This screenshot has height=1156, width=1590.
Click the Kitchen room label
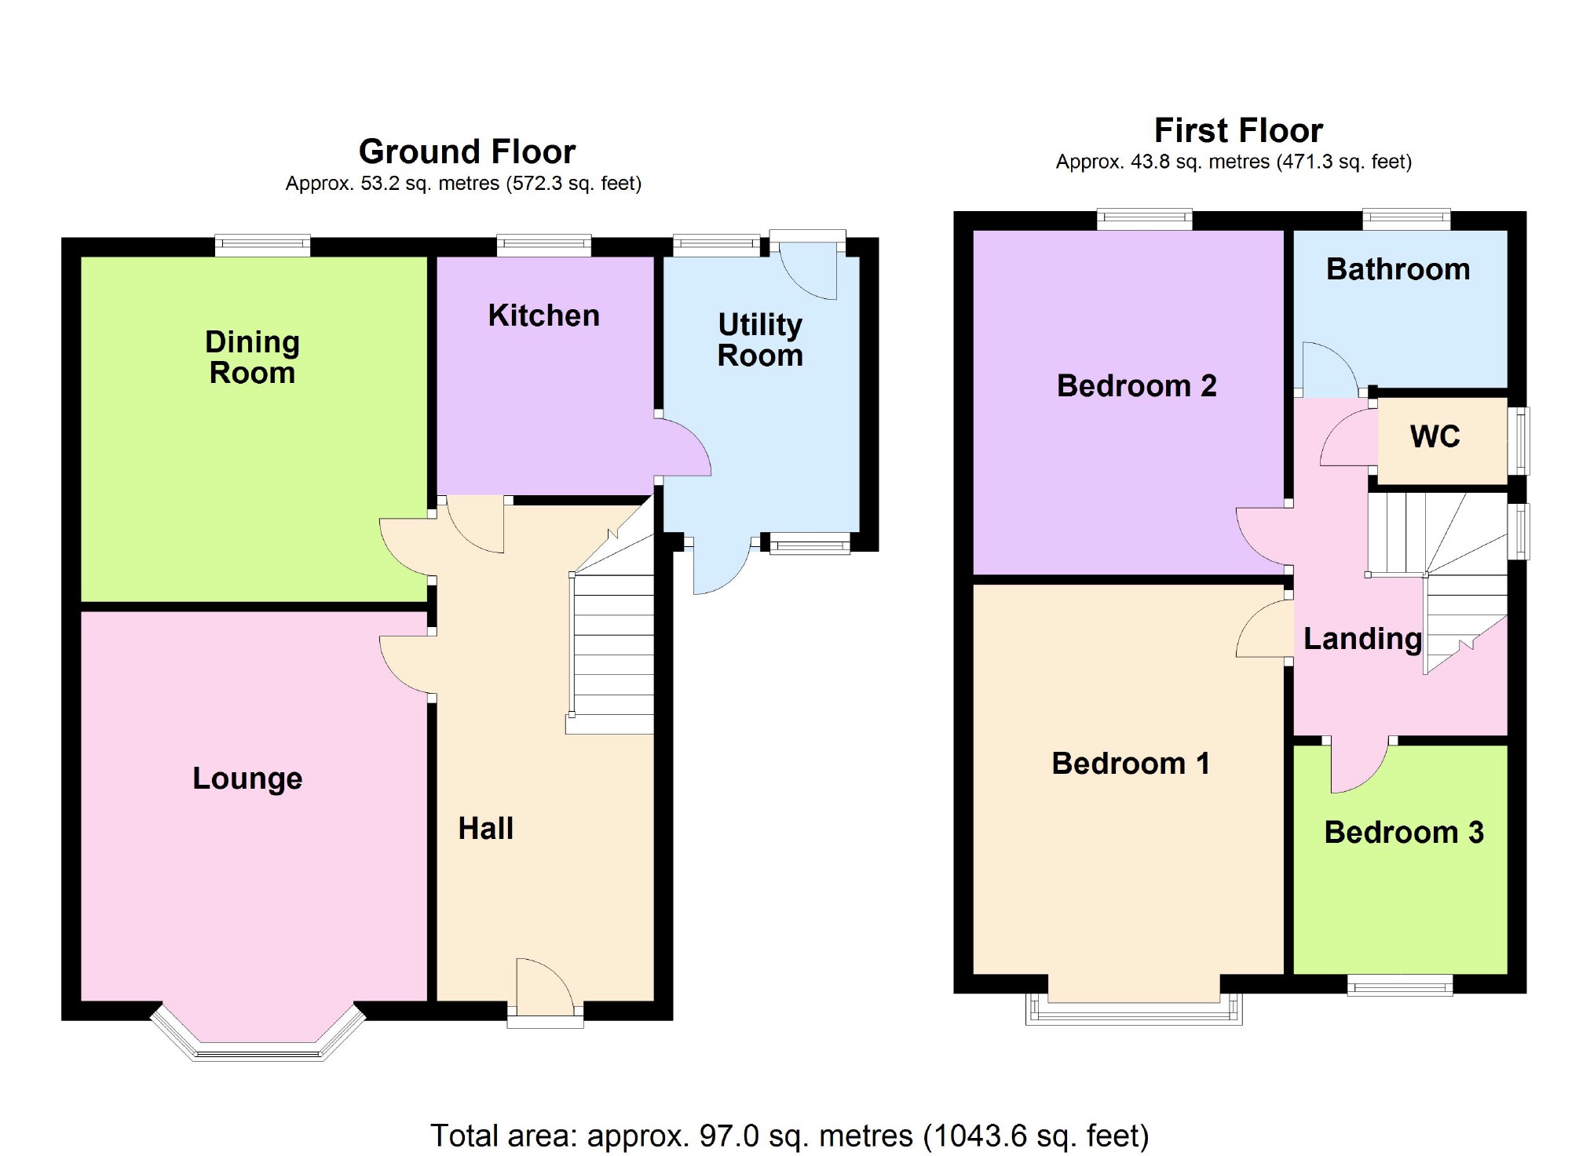point(543,315)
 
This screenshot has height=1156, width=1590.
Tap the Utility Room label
point(760,340)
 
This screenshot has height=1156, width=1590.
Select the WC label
point(1435,436)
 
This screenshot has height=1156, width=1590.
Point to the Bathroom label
point(1398,269)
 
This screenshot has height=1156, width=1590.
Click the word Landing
point(1362,639)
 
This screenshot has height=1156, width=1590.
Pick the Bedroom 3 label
point(1404,832)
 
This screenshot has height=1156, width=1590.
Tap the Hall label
point(486,829)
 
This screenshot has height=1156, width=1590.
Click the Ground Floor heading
point(467,151)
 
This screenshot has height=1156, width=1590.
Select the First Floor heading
point(1238,130)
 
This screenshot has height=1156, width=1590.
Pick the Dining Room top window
point(263,246)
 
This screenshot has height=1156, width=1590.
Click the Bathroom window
point(1406,219)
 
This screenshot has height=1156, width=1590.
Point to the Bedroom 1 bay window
point(1134,1008)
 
